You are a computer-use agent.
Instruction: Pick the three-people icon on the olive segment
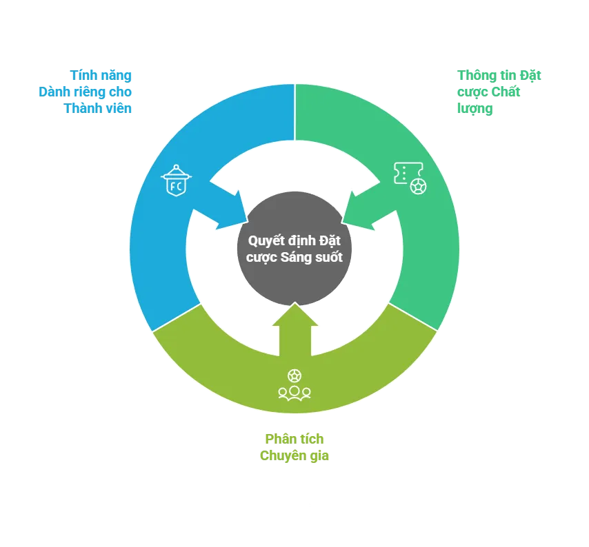(x=294, y=393)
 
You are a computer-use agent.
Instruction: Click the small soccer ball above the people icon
(x=294, y=376)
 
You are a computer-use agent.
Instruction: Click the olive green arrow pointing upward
(x=294, y=329)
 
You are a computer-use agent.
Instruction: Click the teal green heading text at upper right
(x=489, y=91)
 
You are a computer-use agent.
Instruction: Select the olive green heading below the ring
(x=294, y=448)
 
